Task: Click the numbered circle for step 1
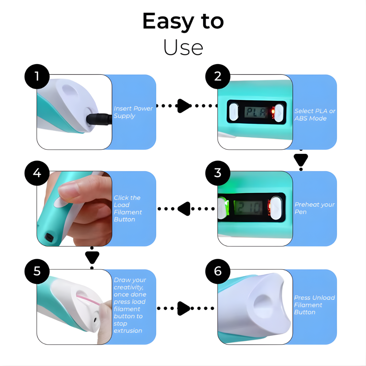[37, 76]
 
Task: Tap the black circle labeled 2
[218, 76]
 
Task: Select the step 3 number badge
[218, 172]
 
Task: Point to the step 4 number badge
[37, 173]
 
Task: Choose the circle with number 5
[37, 271]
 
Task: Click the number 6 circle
[218, 271]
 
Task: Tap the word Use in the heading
[183, 47]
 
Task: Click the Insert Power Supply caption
[133, 112]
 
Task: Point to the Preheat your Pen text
[314, 208]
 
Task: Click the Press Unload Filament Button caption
[314, 305]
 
